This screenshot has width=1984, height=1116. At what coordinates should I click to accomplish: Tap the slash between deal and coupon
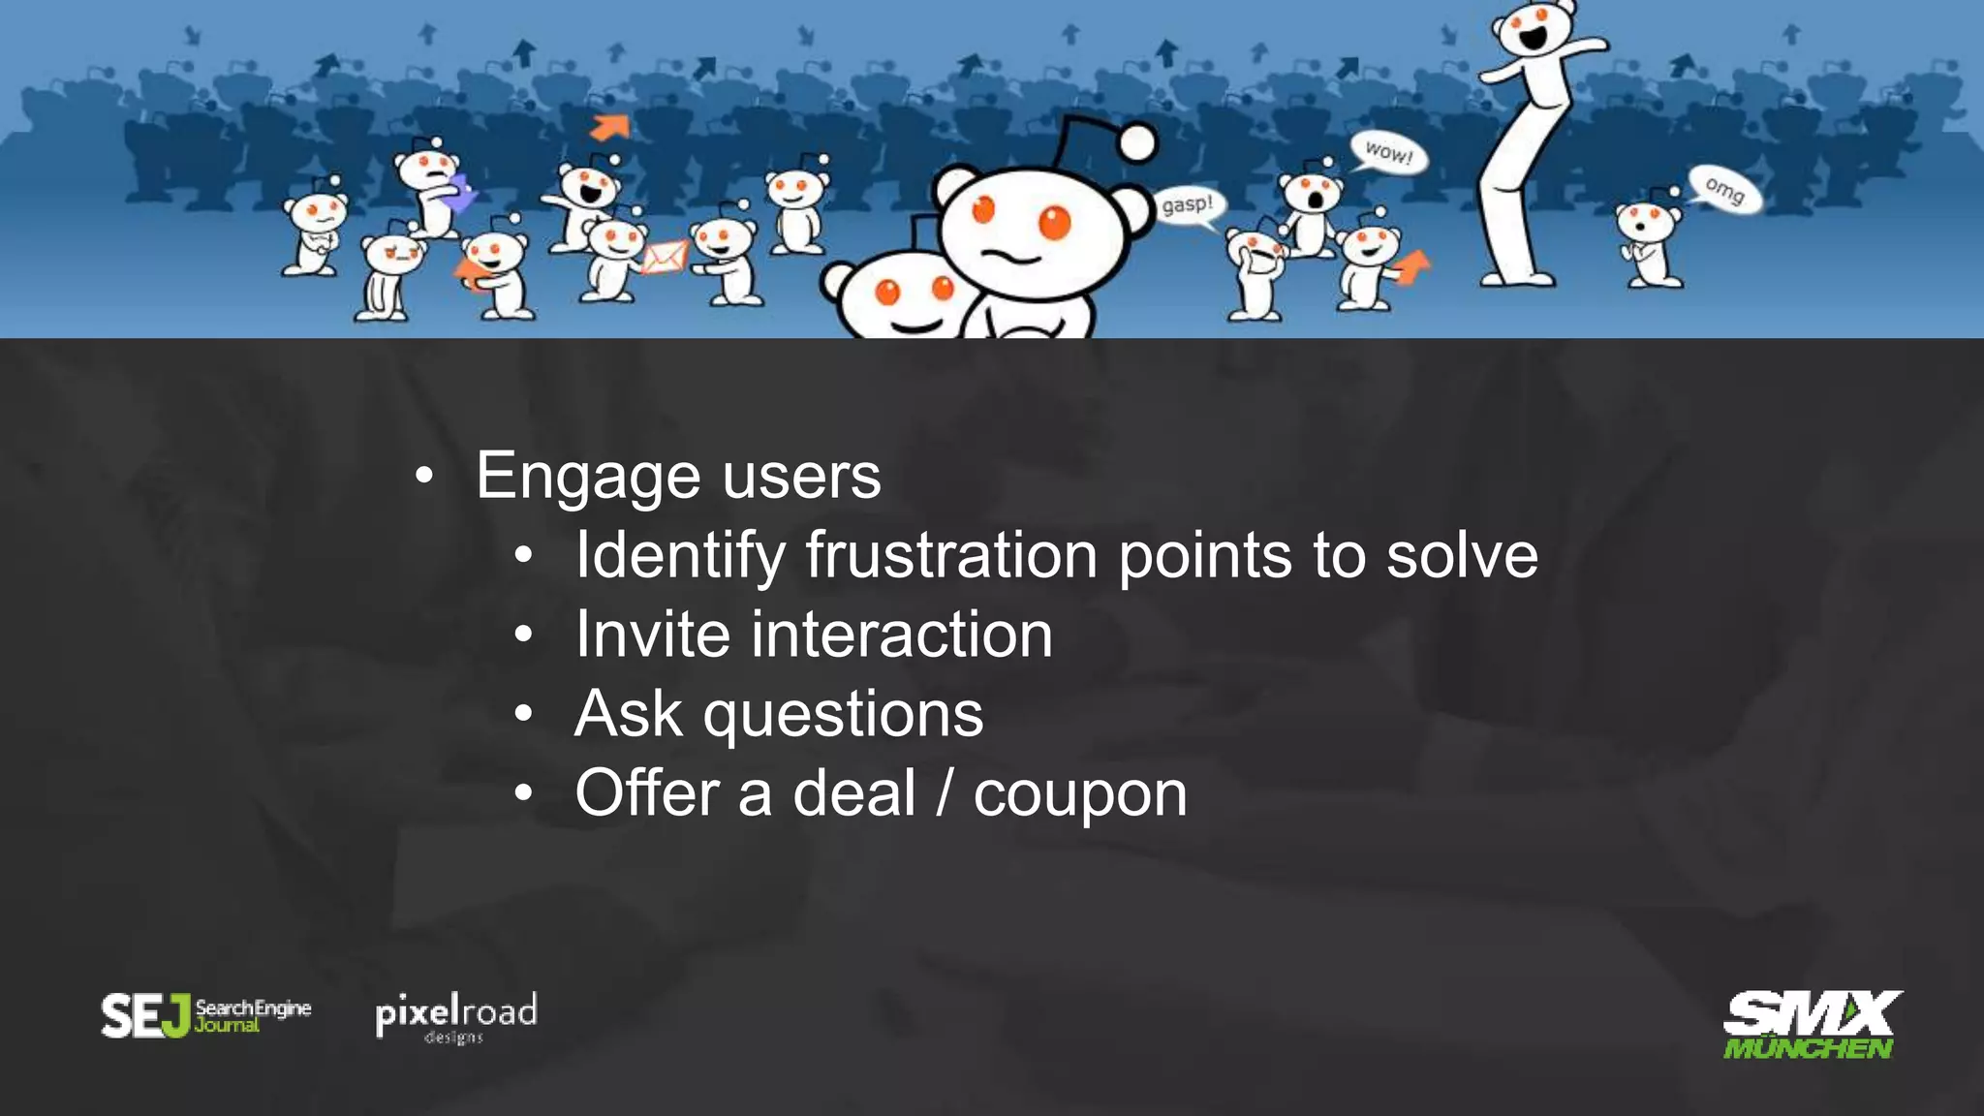point(945,794)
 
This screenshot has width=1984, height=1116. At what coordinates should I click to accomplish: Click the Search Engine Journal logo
point(206,1015)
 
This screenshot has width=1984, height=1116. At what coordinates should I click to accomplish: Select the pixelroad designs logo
point(456,1017)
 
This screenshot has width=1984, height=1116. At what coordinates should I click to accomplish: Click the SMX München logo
point(1809,1025)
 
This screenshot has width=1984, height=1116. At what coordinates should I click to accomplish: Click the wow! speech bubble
point(1388,153)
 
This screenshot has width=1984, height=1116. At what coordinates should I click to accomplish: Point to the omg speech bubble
point(1724,188)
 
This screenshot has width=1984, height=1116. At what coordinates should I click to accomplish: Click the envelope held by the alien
point(665,257)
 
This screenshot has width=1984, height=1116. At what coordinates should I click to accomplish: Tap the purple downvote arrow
point(459,193)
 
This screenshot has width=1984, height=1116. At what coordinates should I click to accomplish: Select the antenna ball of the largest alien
point(1137,143)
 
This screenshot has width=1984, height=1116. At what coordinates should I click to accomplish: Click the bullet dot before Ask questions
point(524,715)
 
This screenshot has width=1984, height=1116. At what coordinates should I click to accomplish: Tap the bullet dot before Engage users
point(423,477)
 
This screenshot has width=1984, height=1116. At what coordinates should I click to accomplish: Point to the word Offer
point(646,794)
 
